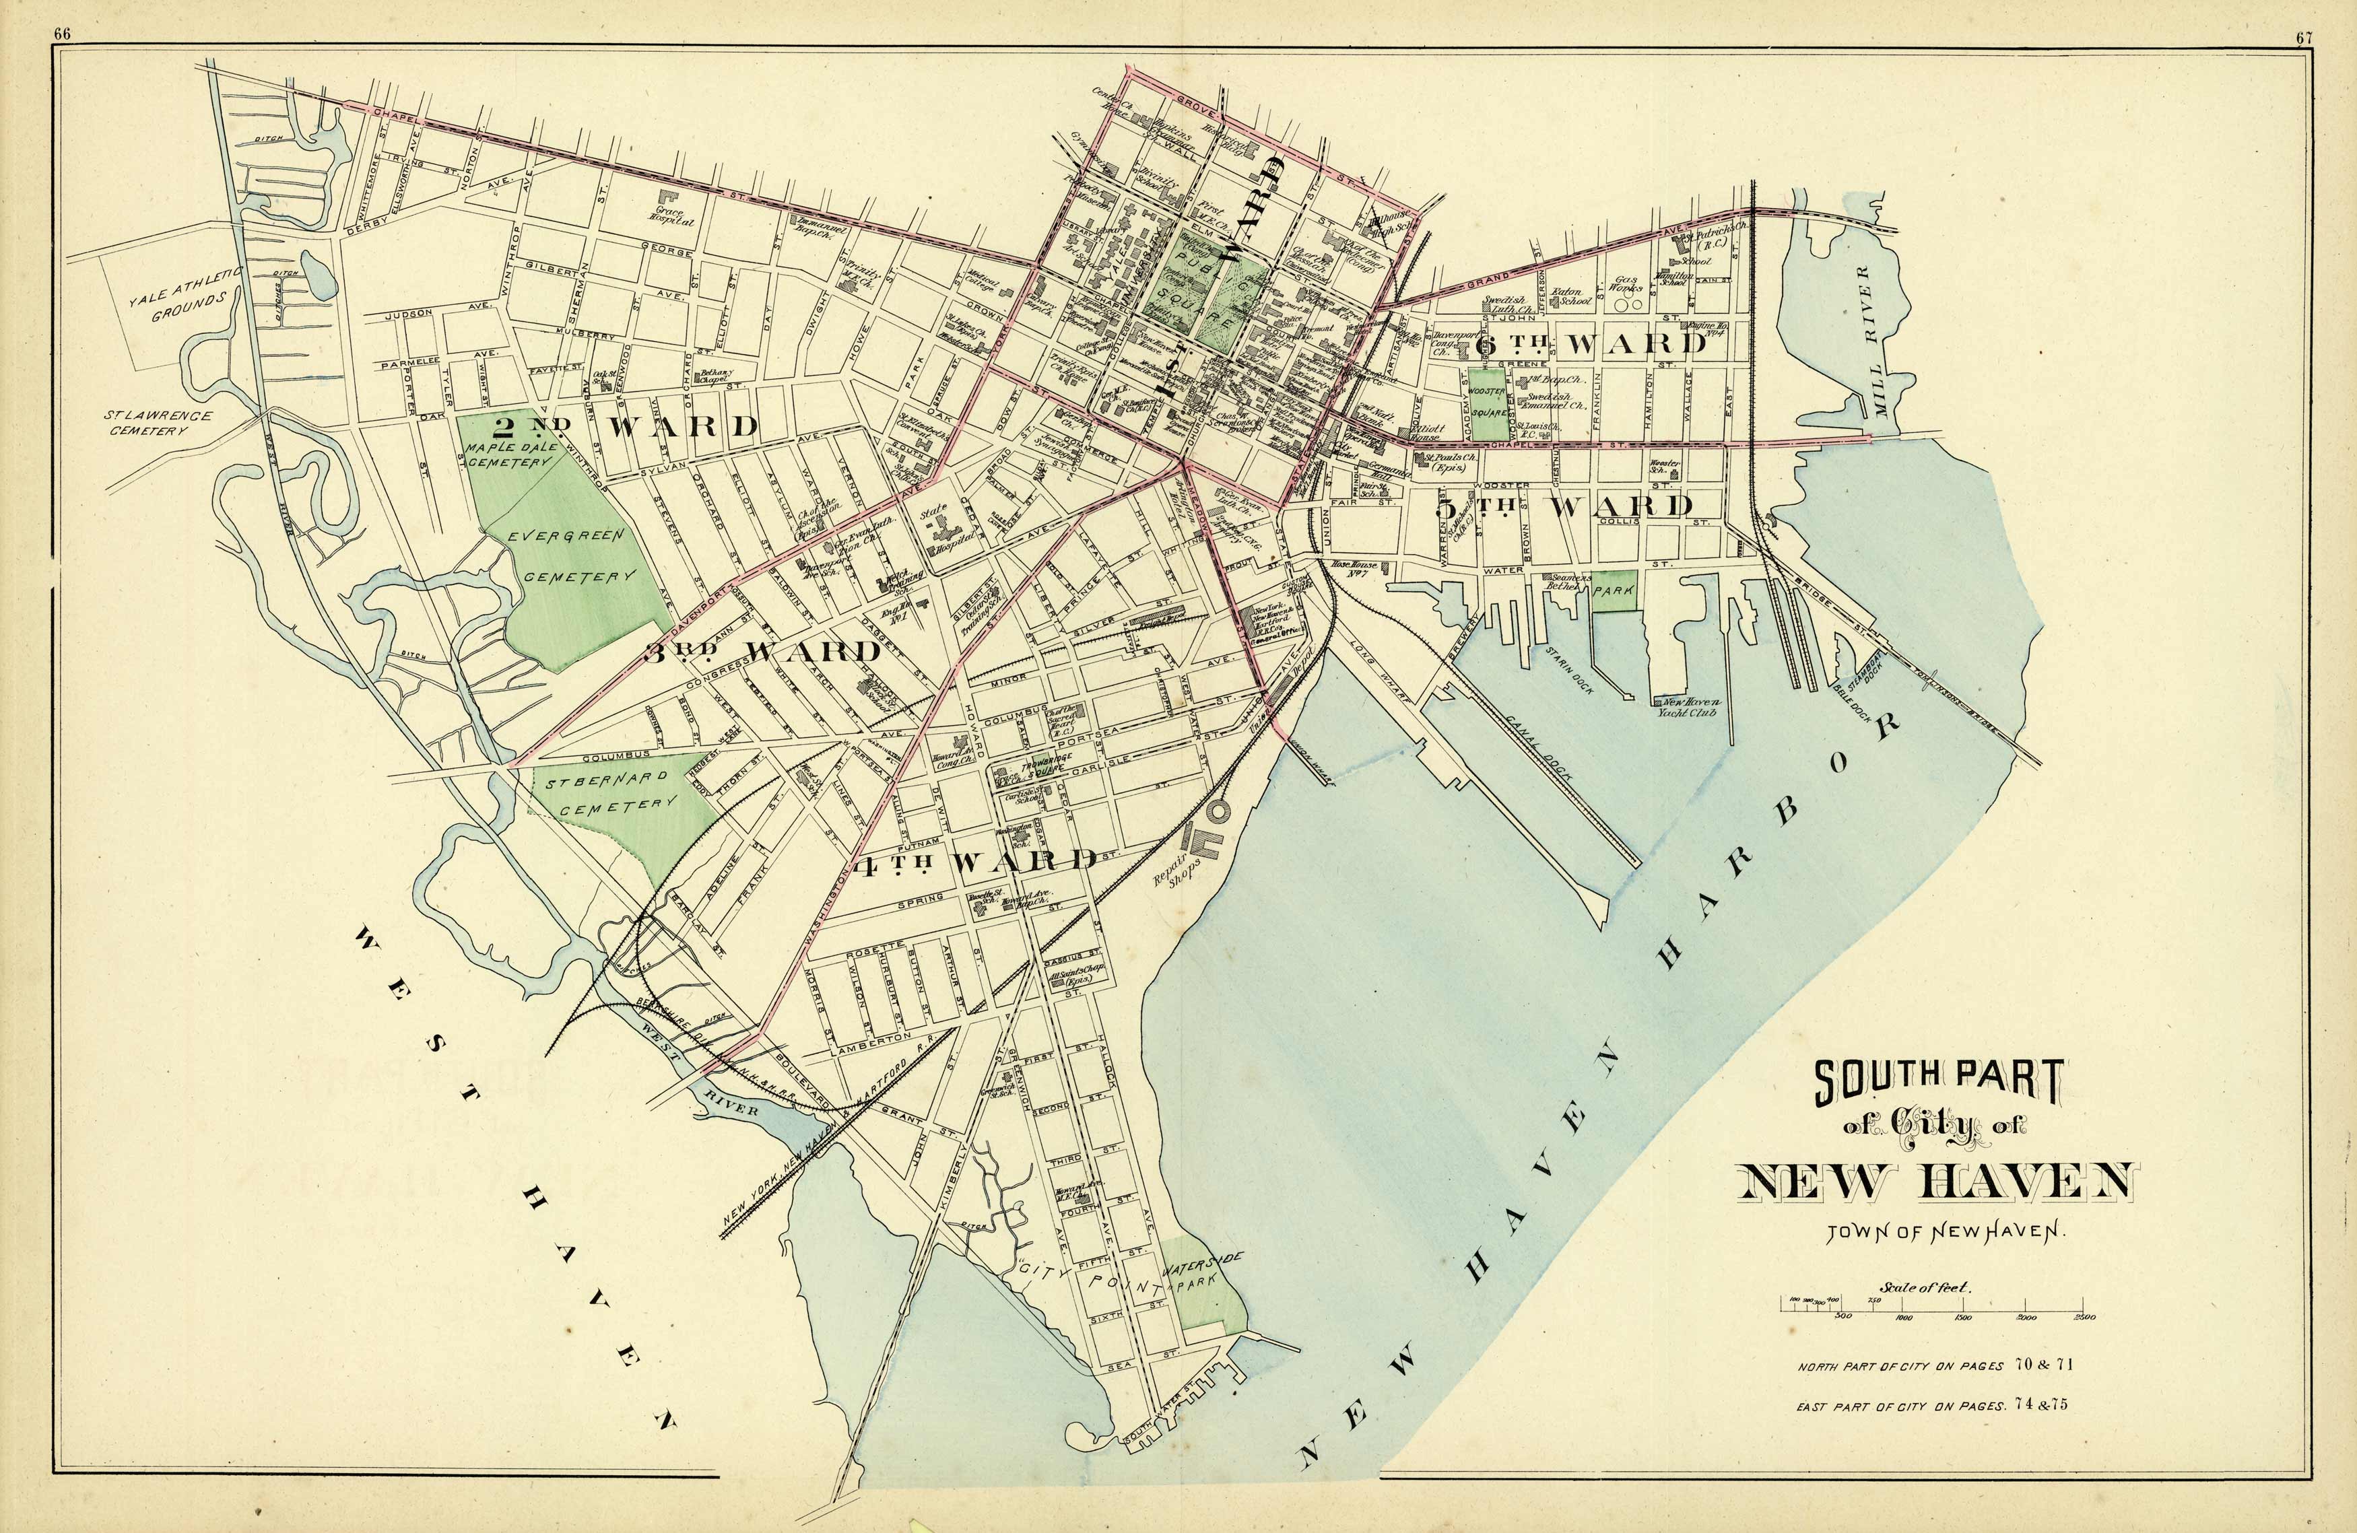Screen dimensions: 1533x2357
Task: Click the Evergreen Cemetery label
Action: [573, 557]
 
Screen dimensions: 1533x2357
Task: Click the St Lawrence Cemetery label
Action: [158, 423]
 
